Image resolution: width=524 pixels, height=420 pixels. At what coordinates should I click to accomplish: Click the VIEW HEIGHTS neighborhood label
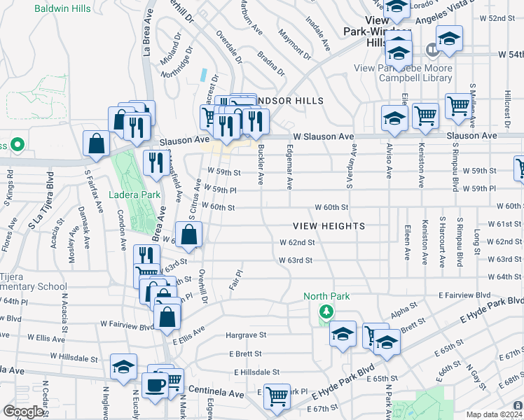click(x=329, y=226)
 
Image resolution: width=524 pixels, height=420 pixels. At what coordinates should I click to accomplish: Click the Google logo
click(x=23, y=412)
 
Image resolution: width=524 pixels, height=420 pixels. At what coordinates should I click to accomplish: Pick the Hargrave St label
click(x=246, y=335)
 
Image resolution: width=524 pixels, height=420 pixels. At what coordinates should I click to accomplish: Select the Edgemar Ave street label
click(x=289, y=165)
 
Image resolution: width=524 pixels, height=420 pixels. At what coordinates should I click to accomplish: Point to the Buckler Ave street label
click(x=261, y=164)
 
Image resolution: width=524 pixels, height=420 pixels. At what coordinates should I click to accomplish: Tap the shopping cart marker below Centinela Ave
click(x=277, y=397)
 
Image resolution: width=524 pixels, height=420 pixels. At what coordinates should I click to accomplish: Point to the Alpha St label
click(x=404, y=306)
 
